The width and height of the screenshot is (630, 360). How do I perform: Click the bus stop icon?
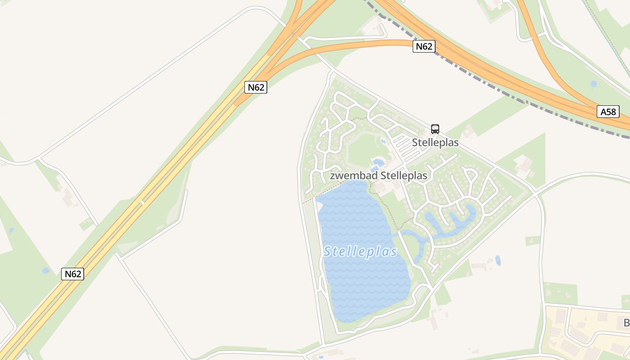[x=435, y=129]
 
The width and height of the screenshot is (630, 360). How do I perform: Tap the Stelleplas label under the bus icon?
[x=435, y=143]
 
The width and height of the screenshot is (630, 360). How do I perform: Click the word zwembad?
[x=348, y=175]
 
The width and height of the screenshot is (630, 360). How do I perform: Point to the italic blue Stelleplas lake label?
[x=360, y=252]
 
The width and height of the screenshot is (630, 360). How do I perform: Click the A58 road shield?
[x=608, y=112]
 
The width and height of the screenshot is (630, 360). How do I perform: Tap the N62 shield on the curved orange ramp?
[x=424, y=46]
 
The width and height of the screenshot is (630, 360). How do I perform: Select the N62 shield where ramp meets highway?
[x=256, y=87]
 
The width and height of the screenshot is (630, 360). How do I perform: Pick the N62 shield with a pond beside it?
[x=72, y=274]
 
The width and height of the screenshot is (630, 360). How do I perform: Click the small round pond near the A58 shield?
[x=594, y=84]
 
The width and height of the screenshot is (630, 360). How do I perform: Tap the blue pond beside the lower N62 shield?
[x=45, y=270]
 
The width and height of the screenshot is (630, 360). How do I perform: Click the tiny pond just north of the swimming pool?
[x=383, y=141]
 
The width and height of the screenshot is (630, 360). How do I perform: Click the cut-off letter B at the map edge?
[x=626, y=323]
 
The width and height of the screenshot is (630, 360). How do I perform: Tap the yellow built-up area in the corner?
[x=585, y=333]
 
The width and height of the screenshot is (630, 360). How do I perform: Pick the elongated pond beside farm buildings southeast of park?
[x=498, y=260]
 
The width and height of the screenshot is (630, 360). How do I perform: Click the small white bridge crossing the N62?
[x=142, y=202]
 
